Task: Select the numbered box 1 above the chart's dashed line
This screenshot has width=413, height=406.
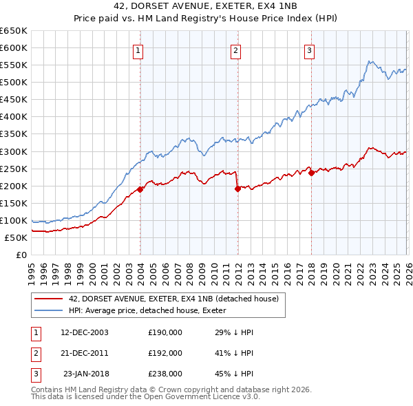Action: click(139, 50)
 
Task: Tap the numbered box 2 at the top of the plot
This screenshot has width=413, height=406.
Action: click(235, 50)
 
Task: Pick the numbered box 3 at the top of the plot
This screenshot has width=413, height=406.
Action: click(309, 50)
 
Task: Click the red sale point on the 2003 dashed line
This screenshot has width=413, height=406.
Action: click(140, 189)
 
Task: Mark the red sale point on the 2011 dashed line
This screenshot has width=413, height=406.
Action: click(237, 188)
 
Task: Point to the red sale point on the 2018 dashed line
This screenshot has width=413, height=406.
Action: click(311, 173)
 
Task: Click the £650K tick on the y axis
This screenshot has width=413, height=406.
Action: click(14, 31)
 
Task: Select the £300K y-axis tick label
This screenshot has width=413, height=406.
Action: click(14, 151)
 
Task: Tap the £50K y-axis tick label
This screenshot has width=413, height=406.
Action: click(16, 237)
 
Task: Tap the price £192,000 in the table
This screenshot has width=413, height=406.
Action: click(165, 353)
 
